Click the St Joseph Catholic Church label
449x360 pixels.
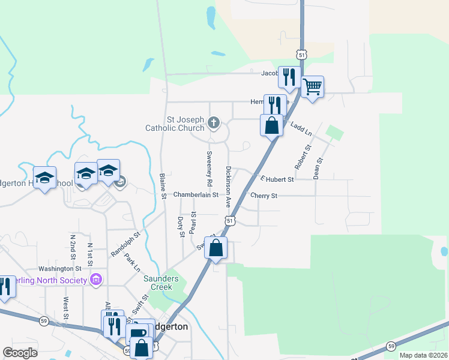[175, 123]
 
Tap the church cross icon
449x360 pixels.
[214, 124]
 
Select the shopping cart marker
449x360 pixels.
[312, 88]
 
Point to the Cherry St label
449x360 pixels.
[264, 196]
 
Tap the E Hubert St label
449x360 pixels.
[277, 179]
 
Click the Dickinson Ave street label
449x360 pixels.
[228, 187]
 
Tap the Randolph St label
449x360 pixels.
[125, 244]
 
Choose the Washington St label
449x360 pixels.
[59, 269]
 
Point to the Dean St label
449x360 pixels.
[319, 169]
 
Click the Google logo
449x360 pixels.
[20, 352]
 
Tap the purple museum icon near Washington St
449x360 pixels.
[95, 280]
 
